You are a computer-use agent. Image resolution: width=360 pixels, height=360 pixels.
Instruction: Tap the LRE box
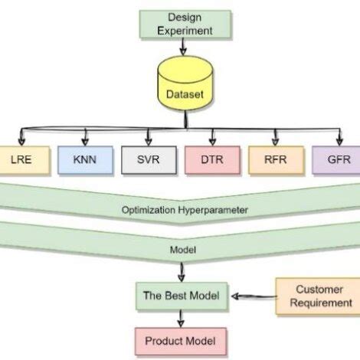[x=18, y=162]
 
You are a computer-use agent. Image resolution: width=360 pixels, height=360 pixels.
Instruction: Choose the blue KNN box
[x=85, y=162]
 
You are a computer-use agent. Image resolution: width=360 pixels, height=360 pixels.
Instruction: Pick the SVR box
[x=149, y=162]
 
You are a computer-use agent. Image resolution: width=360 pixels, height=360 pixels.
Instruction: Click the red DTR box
[x=212, y=162]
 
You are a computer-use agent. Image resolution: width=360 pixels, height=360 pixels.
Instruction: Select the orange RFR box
[x=276, y=162]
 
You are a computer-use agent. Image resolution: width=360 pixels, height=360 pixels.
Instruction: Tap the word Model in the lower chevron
[x=181, y=249]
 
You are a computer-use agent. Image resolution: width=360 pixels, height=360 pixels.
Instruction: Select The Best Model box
[x=181, y=295]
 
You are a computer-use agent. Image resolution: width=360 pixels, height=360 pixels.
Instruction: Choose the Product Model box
[x=181, y=340]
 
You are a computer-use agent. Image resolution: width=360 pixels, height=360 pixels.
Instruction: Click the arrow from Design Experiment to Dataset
[x=181, y=47]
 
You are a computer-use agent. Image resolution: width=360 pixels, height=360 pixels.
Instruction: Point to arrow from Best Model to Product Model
[x=181, y=317]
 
